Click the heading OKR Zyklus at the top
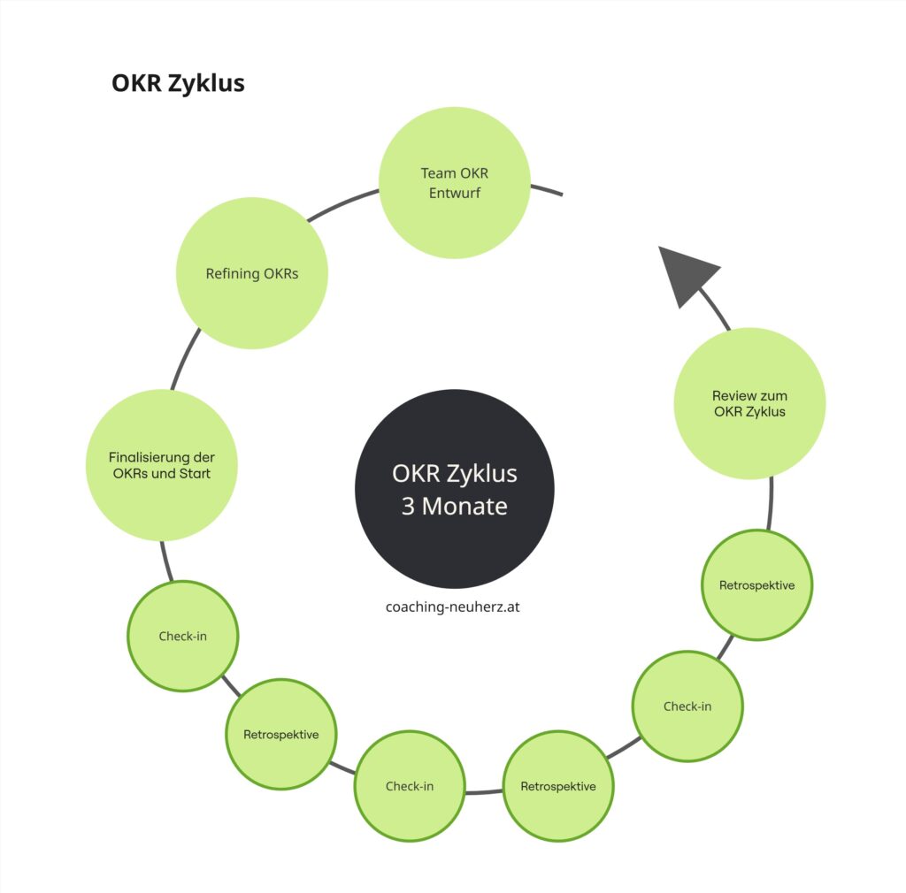click(178, 83)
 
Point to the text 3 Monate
click(454, 508)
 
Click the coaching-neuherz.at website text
click(446, 607)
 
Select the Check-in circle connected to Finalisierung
click(183, 636)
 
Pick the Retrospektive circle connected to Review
click(756, 584)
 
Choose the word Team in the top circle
click(437, 174)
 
